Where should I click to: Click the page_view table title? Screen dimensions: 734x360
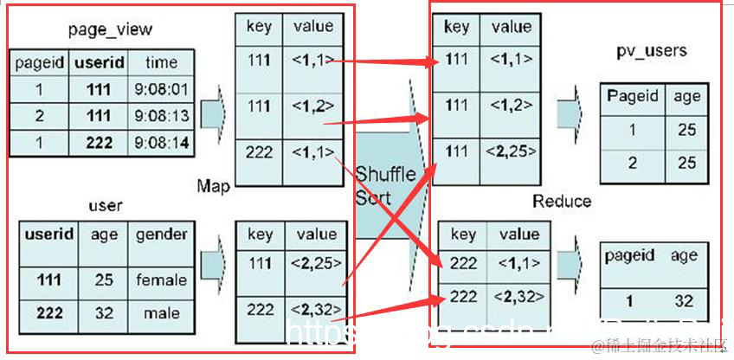(x=109, y=30)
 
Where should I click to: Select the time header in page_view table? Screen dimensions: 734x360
(x=161, y=62)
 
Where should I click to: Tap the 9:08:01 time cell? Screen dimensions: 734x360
(x=162, y=89)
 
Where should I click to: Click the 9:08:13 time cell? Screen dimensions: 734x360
(x=162, y=116)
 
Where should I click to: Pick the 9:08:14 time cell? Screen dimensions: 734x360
(x=162, y=143)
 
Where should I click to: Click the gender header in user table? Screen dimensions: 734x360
(x=160, y=235)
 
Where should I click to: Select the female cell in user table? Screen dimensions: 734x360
(x=161, y=280)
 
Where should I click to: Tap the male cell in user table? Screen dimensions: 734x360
(x=161, y=312)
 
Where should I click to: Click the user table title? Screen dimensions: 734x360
(x=105, y=206)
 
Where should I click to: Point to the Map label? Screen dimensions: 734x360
(x=213, y=186)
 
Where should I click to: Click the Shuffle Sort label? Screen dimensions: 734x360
(x=386, y=185)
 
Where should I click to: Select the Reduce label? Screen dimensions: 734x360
(x=562, y=201)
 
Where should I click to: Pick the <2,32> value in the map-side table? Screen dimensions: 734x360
(x=313, y=309)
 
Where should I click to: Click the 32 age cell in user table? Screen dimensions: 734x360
(x=103, y=312)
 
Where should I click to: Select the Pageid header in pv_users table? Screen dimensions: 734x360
(x=633, y=96)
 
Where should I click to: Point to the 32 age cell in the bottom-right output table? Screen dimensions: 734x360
(x=685, y=302)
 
